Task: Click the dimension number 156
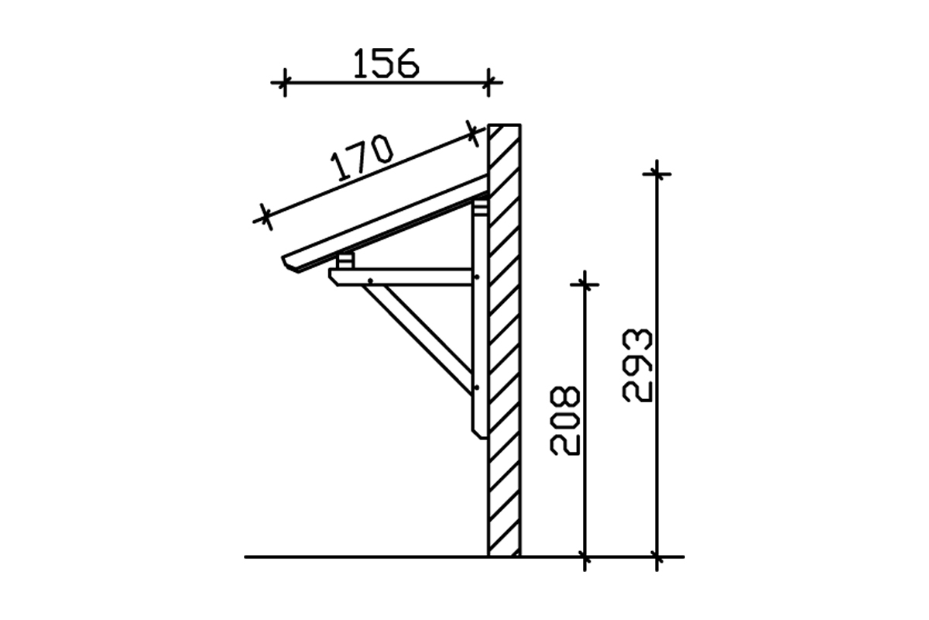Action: (386, 63)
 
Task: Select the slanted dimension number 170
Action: (362, 158)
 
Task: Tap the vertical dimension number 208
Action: (565, 421)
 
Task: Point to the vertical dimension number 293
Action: (637, 366)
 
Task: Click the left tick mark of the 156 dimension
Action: (285, 82)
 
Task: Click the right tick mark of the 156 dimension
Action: (488, 82)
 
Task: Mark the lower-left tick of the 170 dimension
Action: (266, 216)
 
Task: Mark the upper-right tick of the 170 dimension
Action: (472, 133)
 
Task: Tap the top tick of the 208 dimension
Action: (584, 284)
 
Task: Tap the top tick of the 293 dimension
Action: (657, 174)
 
